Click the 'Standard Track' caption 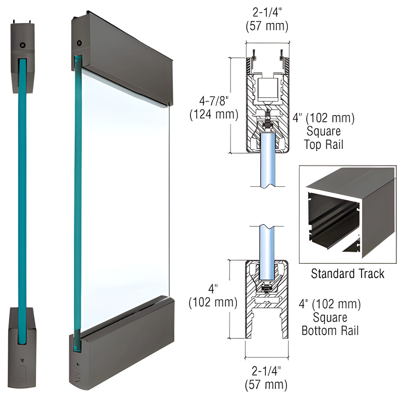click(347, 274)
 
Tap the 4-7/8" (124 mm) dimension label click(214, 108)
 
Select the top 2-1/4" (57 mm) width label click(267, 20)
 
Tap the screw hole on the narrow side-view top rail click(22, 45)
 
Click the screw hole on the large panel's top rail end click(79, 43)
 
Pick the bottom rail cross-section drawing click(267, 299)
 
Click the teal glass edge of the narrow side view click(23, 183)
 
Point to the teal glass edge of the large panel click(78, 194)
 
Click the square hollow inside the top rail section click(267, 90)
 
